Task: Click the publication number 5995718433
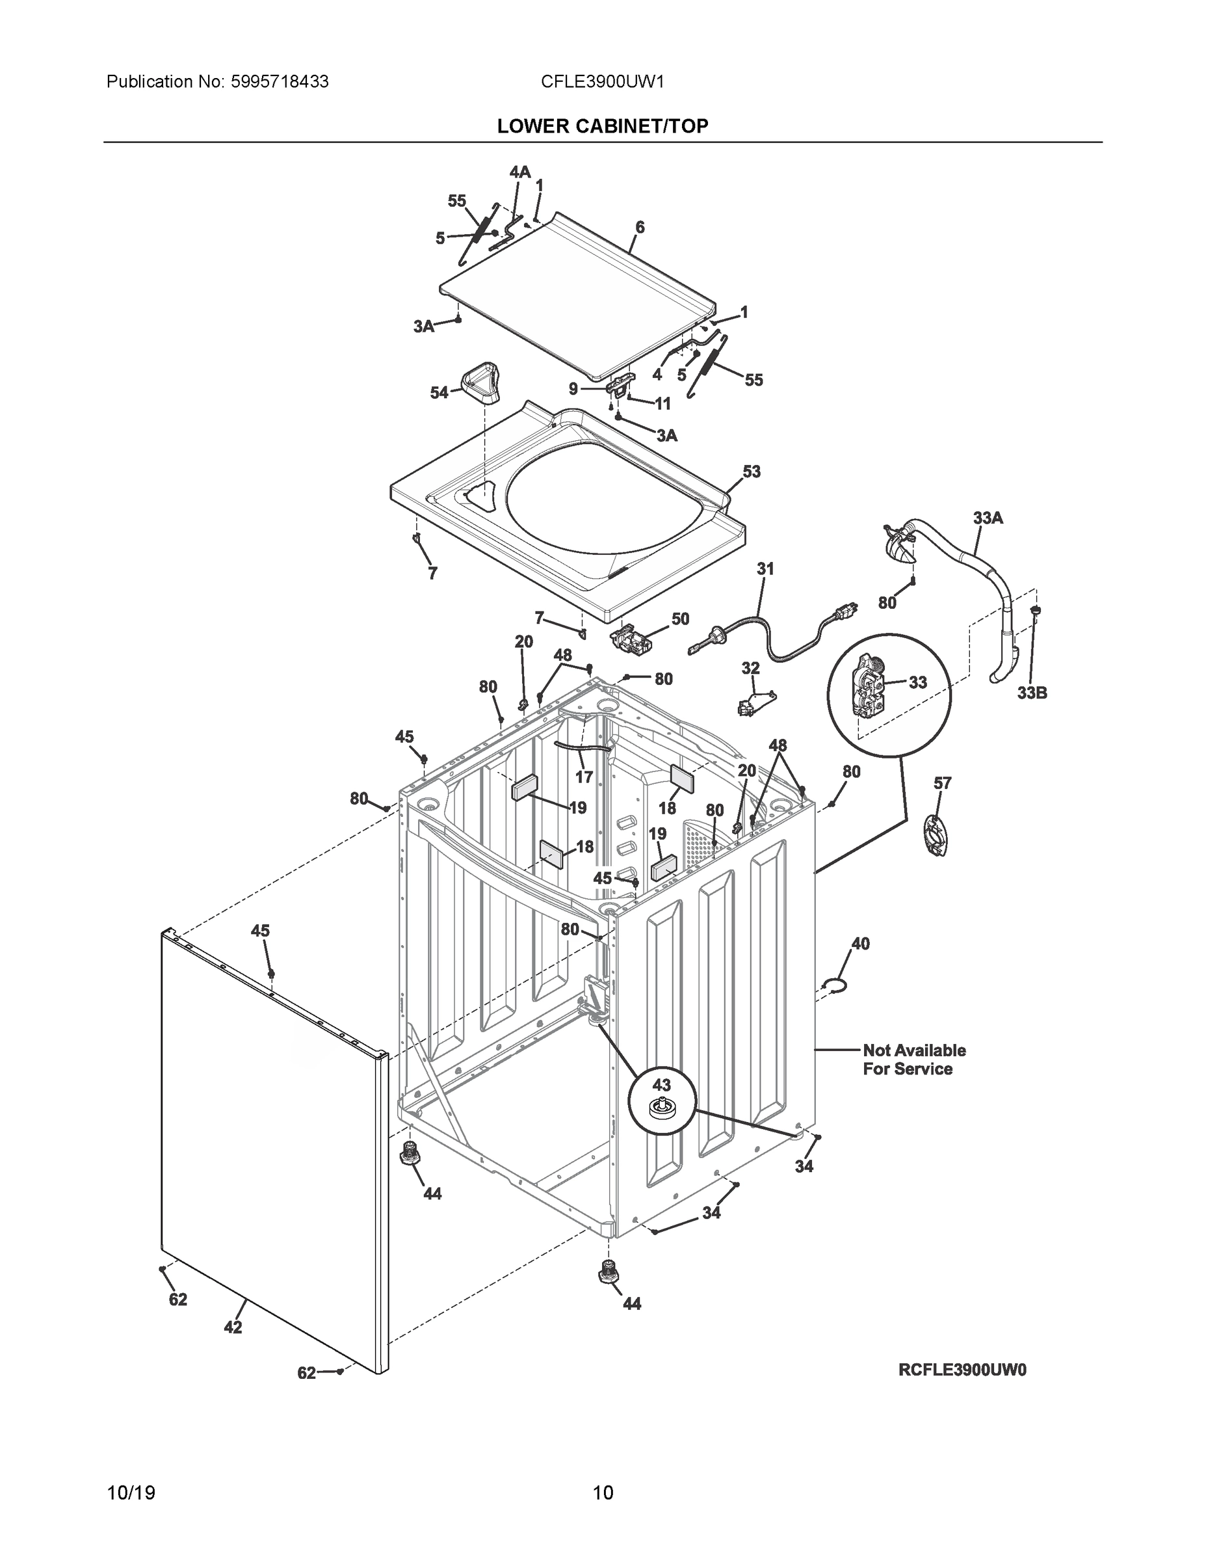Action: [x=280, y=82]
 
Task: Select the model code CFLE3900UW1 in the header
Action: [x=602, y=82]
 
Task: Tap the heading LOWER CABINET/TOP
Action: [x=602, y=127]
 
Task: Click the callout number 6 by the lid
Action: [x=640, y=227]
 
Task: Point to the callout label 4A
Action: [x=519, y=172]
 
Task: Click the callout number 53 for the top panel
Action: [x=752, y=472]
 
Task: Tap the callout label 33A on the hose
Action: [x=988, y=518]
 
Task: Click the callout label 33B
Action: [x=1032, y=693]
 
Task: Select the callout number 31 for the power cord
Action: [x=765, y=569]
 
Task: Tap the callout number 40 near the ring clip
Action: [x=860, y=944]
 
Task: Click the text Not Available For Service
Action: [x=914, y=1060]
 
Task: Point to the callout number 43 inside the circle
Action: [x=662, y=1085]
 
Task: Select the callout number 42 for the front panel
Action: [x=233, y=1328]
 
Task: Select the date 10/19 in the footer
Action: [x=131, y=1493]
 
